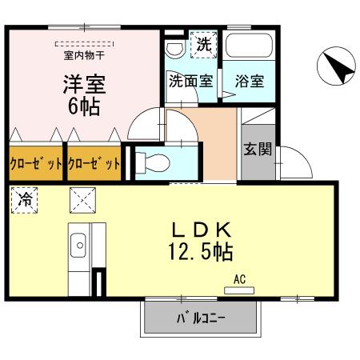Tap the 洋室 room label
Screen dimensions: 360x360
point(84,83)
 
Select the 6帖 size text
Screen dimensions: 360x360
point(84,106)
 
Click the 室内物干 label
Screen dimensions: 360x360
point(84,56)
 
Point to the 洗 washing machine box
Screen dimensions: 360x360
point(203,45)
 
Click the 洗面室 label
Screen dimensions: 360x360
point(190,81)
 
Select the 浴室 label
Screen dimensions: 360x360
point(250,81)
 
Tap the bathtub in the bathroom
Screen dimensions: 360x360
point(250,50)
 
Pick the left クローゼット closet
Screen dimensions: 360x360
point(35,164)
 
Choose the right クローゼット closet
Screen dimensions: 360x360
point(94,164)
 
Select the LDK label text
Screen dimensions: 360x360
point(200,227)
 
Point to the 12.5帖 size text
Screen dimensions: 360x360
point(200,252)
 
